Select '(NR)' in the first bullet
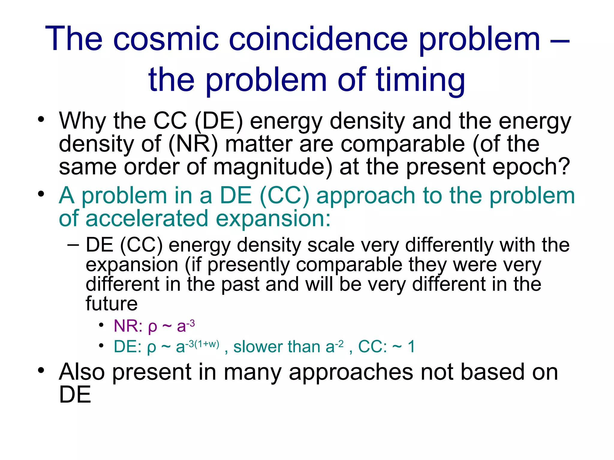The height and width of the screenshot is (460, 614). coord(193,144)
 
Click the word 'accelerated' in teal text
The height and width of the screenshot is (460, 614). coord(147,218)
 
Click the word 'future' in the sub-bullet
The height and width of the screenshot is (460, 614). coord(112,304)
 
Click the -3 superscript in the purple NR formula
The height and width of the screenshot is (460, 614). coord(190,323)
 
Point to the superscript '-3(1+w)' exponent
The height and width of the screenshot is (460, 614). coord(202,344)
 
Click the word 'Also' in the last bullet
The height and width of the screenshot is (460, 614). coord(82,372)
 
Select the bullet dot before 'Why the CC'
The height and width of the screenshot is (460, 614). coord(41,119)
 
